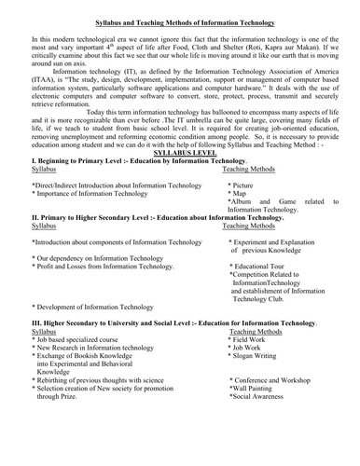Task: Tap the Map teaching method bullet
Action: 242,193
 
